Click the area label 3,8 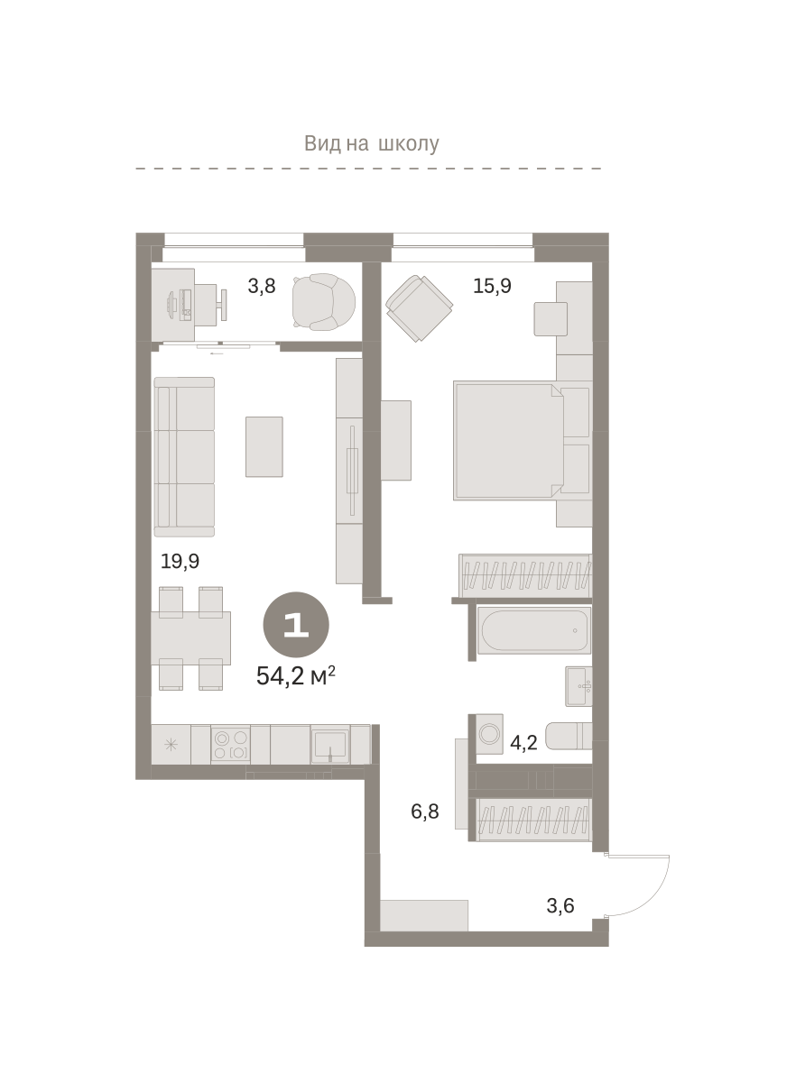tap(262, 286)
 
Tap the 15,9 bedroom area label tap(492, 286)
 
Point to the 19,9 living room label tap(180, 562)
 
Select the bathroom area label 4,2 tap(523, 743)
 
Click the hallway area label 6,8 tap(425, 811)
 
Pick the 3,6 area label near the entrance tap(560, 906)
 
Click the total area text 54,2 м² tap(295, 676)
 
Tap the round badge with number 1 tap(296, 625)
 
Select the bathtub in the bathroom tap(534, 630)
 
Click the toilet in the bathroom tap(569, 735)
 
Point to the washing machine tap(489, 733)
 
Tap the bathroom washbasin tap(578, 686)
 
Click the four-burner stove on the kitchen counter tap(230, 745)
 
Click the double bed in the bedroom tap(509, 441)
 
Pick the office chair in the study tap(323, 302)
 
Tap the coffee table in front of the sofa tap(264, 447)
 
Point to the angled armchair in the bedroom tap(419, 307)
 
